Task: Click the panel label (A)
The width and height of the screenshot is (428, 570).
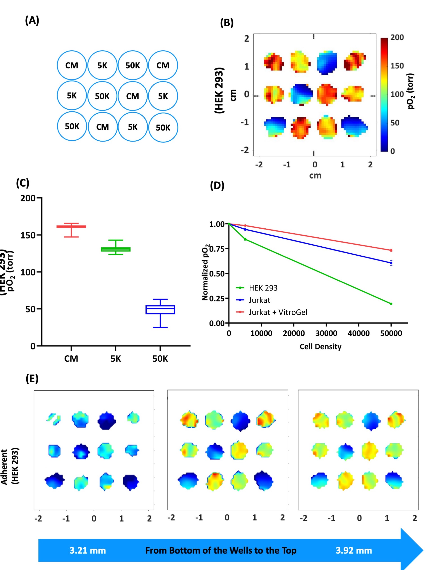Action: (32, 20)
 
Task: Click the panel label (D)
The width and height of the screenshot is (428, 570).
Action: (217, 185)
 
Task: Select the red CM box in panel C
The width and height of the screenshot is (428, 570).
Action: (71, 227)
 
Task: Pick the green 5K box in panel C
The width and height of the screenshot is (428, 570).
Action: (116, 249)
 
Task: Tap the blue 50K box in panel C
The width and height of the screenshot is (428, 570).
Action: (160, 309)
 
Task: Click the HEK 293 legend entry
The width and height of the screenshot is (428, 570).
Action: (263, 288)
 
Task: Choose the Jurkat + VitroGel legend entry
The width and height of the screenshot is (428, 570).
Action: (278, 312)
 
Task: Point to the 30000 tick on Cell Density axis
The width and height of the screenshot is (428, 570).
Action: (326, 333)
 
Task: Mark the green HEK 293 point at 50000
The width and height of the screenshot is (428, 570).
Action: (391, 304)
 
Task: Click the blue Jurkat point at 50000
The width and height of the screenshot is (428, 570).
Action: (391, 263)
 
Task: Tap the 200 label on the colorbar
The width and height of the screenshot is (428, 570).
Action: (397, 37)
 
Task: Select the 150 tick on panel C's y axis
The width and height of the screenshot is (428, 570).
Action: (28, 235)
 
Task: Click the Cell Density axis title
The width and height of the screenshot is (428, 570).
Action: (320, 347)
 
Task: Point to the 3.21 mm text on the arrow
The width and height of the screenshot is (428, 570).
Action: (87, 550)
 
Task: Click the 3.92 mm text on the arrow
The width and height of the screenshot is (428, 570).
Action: (354, 550)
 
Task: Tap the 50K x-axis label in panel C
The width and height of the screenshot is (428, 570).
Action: (160, 359)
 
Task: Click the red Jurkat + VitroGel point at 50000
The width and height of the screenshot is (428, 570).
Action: (391, 250)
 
